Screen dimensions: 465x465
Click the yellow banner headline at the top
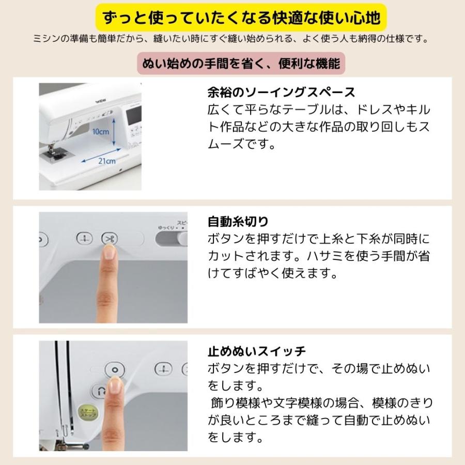click(233, 19)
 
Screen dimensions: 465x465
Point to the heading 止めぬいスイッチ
click(256, 352)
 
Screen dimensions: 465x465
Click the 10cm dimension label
click(100, 132)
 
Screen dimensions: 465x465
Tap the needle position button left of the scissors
click(83, 238)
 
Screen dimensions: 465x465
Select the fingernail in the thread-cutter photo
click(109, 252)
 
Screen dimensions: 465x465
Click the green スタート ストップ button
click(85, 412)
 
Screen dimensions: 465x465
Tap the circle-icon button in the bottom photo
click(115, 369)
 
